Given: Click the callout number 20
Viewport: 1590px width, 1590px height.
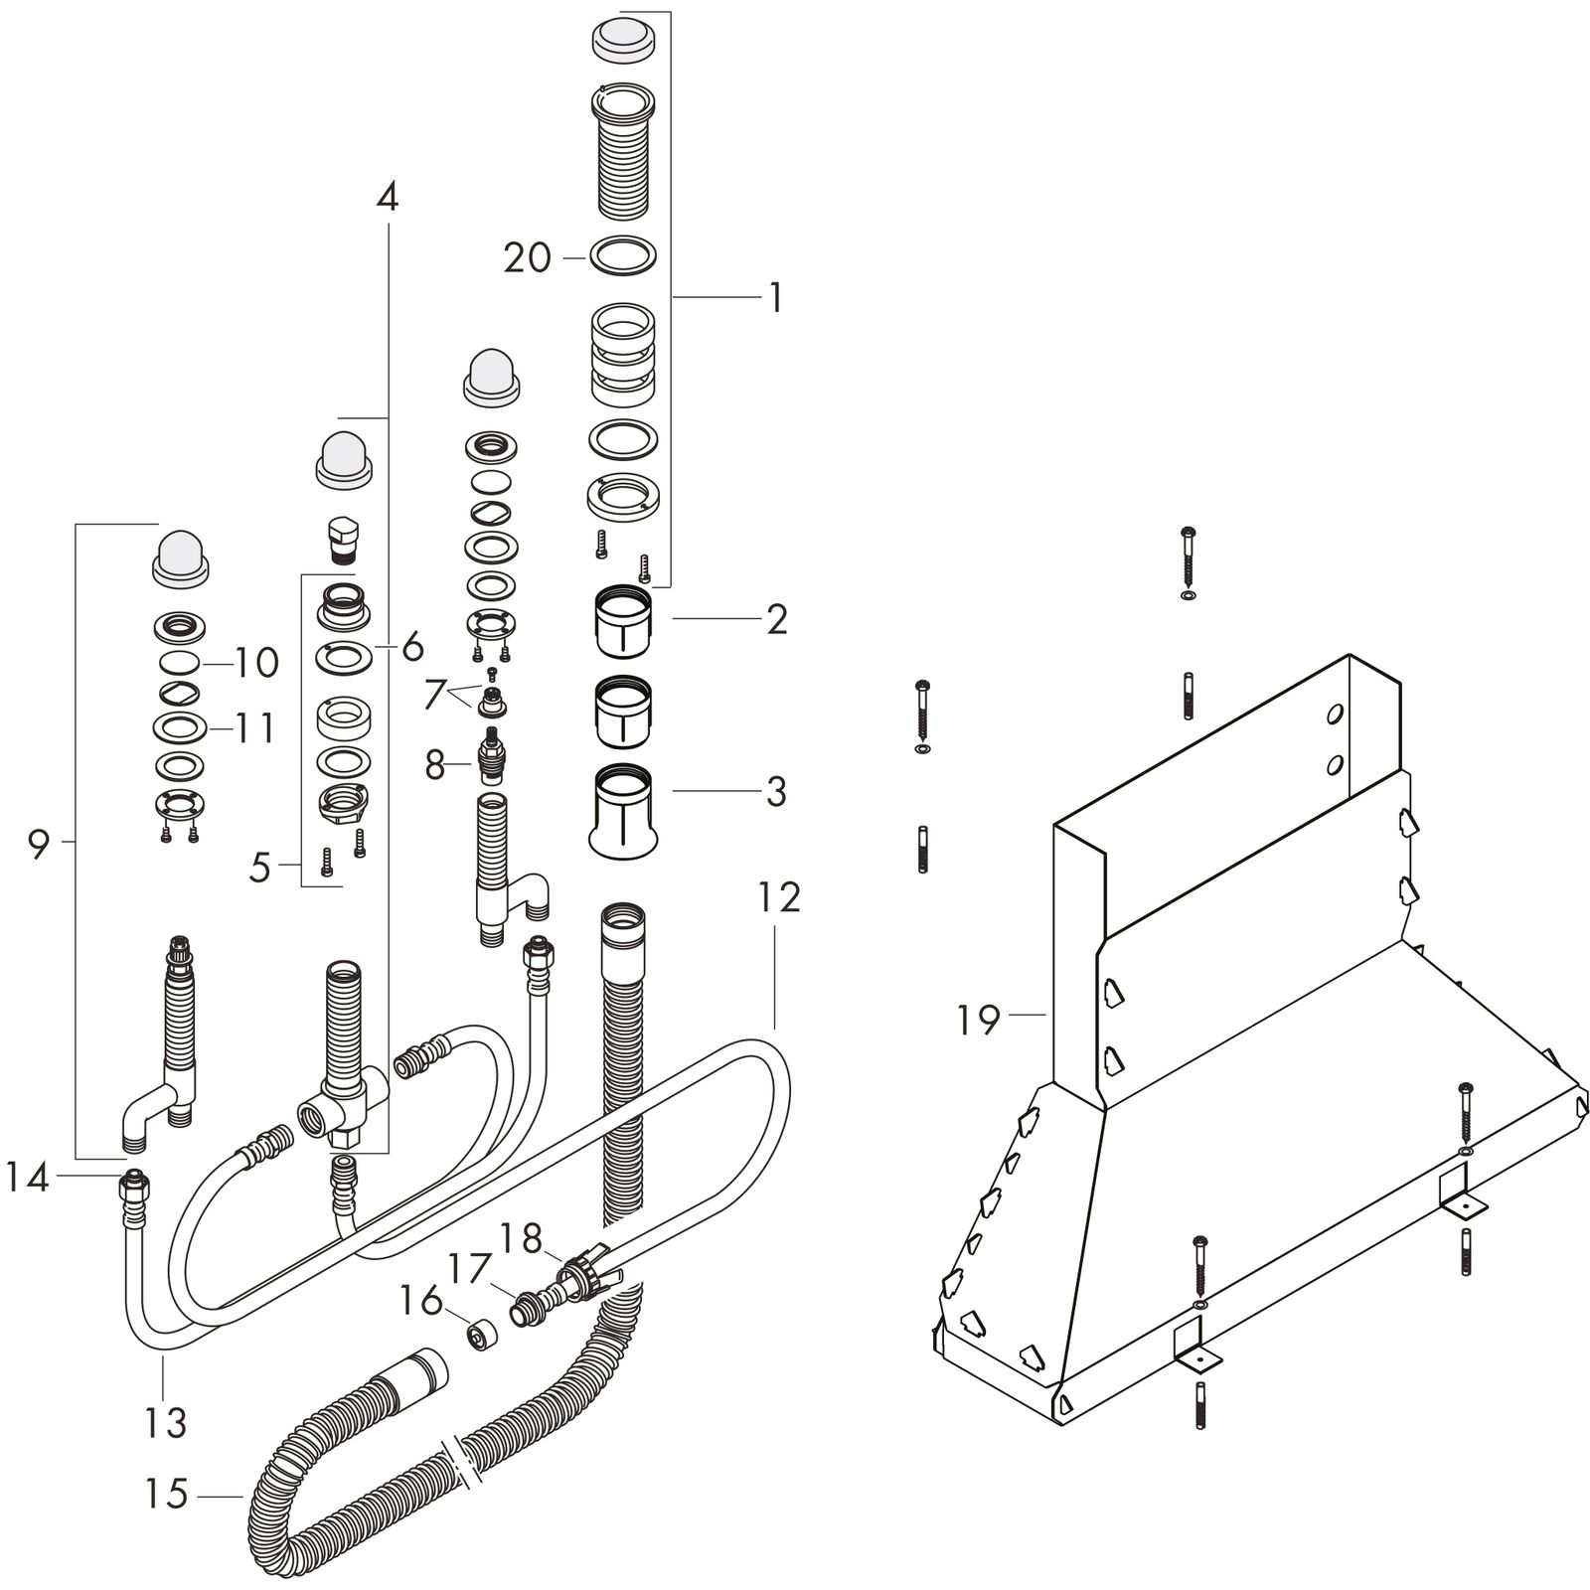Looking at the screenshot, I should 527,258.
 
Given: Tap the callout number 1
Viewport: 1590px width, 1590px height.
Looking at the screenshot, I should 775,297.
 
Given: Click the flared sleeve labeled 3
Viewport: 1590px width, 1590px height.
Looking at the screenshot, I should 623,811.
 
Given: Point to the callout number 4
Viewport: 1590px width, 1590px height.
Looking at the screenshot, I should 388,197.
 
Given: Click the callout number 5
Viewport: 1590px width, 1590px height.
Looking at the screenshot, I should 259,868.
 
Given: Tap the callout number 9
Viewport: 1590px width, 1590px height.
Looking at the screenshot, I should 38,846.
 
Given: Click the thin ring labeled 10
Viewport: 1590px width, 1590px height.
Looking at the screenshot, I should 180,663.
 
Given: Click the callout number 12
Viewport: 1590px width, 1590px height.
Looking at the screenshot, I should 778,897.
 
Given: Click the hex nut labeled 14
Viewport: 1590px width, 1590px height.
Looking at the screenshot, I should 134,1185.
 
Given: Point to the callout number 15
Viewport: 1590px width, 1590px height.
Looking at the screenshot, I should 165,1494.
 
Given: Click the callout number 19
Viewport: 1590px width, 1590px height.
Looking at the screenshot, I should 978,1020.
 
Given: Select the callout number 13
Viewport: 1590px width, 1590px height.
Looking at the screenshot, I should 165,1422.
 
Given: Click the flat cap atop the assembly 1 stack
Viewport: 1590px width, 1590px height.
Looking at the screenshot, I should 623,37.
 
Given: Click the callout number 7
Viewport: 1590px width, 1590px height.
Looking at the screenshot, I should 434,695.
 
